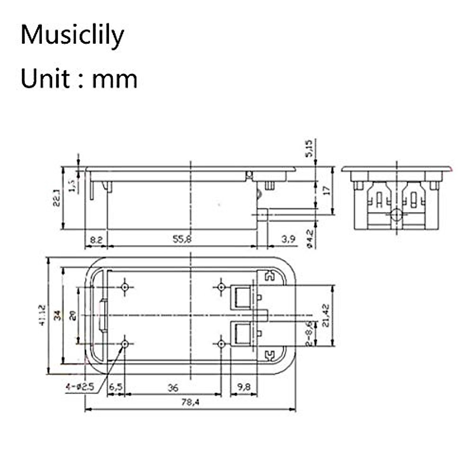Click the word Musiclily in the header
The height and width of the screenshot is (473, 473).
72,35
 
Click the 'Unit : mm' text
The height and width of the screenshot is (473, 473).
79,78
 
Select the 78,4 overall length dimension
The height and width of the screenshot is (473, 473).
190,402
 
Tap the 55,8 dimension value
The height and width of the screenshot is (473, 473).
182,239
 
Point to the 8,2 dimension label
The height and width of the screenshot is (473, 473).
96,239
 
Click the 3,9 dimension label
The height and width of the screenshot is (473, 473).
289,239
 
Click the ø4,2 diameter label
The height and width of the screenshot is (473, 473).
310,239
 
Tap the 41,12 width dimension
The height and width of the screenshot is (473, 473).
42,315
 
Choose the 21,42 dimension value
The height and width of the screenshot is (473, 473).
326,316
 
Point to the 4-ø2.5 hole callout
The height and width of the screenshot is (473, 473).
80,387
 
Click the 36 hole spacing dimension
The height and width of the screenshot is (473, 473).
173,388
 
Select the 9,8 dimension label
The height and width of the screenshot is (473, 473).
244,387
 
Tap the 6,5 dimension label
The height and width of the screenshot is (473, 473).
115,387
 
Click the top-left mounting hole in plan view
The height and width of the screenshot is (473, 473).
125,287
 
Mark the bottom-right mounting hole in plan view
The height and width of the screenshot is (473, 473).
222,344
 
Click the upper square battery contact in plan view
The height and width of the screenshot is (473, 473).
241,297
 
